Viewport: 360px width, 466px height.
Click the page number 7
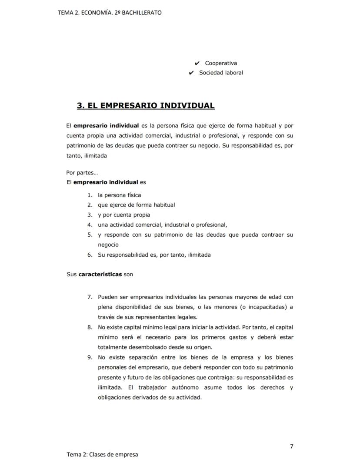(291, 446)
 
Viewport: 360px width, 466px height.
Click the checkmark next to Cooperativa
(197, 63)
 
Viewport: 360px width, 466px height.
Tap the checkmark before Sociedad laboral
(191, 73)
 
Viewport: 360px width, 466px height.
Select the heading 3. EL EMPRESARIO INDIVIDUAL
(146, 106)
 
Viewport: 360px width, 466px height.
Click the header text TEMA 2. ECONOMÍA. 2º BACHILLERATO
(110, 13)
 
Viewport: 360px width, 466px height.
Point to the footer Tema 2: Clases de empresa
(102, 455)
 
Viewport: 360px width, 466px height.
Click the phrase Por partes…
(82, 172)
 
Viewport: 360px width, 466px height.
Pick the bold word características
(100, 275)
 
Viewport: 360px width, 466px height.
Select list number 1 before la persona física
(90, 195)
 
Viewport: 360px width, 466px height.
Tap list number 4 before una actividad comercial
(90, 225)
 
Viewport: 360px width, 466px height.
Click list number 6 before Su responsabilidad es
(90, 255)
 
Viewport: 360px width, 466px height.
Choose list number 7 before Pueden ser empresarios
(90, 297)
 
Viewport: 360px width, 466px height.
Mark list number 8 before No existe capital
(90, 327)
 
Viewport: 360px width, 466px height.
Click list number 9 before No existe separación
(90, 358)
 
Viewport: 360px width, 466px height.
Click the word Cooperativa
(221, 63)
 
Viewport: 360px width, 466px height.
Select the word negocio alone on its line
(108, 245)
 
